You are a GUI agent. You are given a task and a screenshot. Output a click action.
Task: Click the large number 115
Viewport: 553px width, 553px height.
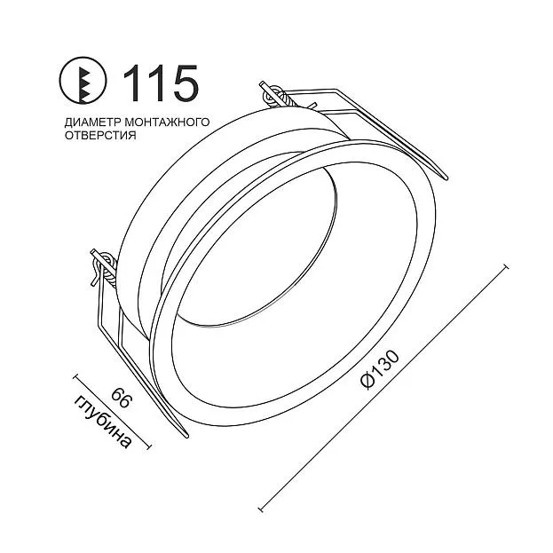162,83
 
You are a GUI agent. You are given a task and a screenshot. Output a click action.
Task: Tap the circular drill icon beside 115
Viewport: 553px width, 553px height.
83,81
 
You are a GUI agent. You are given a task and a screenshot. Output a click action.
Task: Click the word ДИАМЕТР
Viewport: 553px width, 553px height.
92,122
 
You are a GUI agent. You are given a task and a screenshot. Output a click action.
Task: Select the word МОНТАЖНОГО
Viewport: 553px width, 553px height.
167,122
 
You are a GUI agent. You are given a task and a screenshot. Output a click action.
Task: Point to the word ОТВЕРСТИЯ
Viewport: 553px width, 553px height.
100,136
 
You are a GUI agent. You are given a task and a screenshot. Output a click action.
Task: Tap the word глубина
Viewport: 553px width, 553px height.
102,422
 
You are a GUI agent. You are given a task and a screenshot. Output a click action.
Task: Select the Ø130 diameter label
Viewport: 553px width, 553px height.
380,369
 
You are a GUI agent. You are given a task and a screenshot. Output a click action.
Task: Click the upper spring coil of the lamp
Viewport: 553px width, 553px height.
277,96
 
